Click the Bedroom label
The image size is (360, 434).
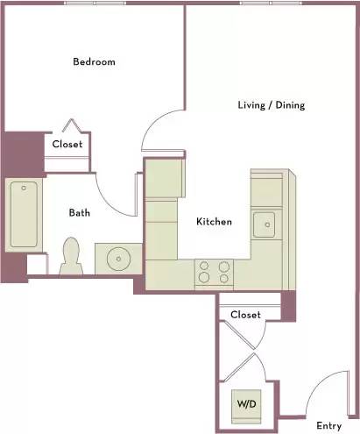[94, 61]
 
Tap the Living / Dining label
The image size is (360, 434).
[272, 105]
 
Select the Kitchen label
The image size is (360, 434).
[214, 222]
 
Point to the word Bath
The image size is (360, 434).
[80, 212]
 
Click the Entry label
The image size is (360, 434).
[328, 426]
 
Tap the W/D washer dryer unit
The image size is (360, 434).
[246, 407]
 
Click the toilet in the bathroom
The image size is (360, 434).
[71, 256]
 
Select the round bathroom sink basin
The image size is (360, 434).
[118, 259]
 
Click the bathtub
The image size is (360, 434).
[24, 215]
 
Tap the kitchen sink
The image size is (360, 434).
[264, 224]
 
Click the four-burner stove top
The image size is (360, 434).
[214, 273]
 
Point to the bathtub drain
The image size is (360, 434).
[24, 189]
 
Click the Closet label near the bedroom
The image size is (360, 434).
[67, 144]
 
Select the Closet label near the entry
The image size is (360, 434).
[245, 315]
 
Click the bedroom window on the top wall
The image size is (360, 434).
[95, 4]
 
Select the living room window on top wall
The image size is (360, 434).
[271, 4]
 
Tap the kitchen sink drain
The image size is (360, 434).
[267, 224]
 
